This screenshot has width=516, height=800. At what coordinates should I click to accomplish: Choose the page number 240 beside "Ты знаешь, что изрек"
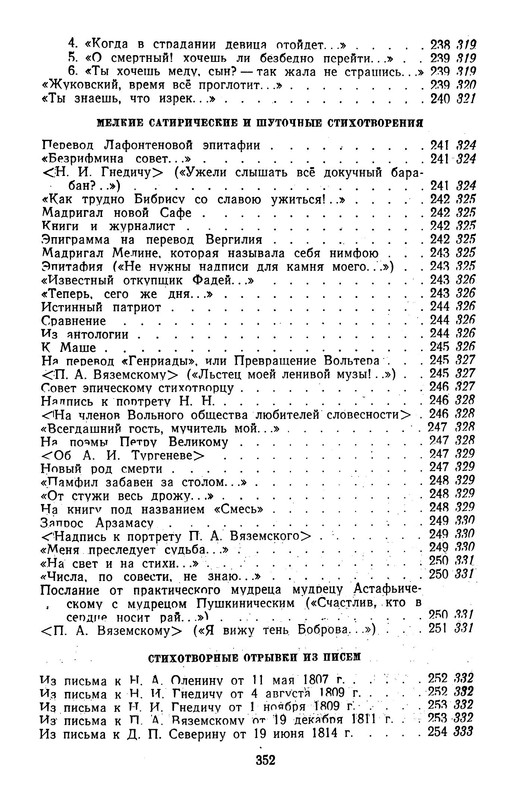coord(438,99)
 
